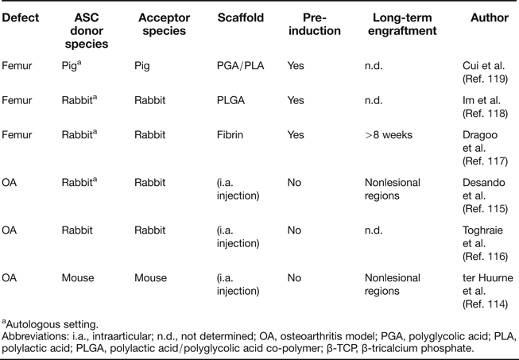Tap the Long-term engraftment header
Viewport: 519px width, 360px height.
(x=404, y=24)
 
